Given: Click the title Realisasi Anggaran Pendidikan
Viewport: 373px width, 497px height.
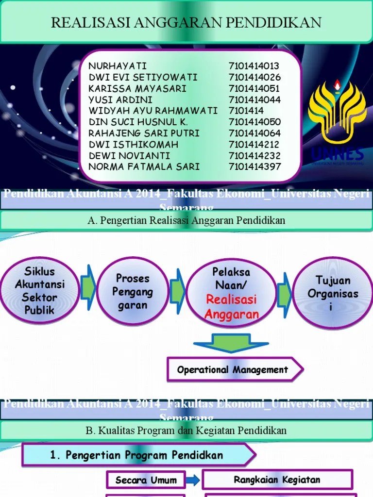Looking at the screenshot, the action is (186, 22).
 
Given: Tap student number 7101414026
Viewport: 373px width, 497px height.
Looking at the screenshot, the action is (254, 77).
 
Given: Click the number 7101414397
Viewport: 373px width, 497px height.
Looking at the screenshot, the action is (255, 166).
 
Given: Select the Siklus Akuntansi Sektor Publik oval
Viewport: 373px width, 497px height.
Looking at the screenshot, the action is (39, 290).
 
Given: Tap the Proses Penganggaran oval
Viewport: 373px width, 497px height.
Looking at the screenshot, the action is (133, 291).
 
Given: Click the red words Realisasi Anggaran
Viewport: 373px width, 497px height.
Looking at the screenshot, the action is (232, 307).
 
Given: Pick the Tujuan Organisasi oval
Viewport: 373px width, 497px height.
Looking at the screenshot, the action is (333, 293).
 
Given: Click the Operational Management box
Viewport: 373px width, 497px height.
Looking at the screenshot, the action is (233, 370).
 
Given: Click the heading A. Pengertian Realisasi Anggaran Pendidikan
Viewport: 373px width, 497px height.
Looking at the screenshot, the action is (186, 220).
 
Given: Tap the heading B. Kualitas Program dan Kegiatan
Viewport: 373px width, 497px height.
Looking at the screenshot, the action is (186, 431).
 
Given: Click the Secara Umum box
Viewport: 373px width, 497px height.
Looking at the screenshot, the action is (146, 480).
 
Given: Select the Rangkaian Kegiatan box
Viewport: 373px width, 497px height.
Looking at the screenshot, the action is (277, 480).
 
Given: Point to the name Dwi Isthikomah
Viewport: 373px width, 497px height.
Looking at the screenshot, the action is (134, 144).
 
